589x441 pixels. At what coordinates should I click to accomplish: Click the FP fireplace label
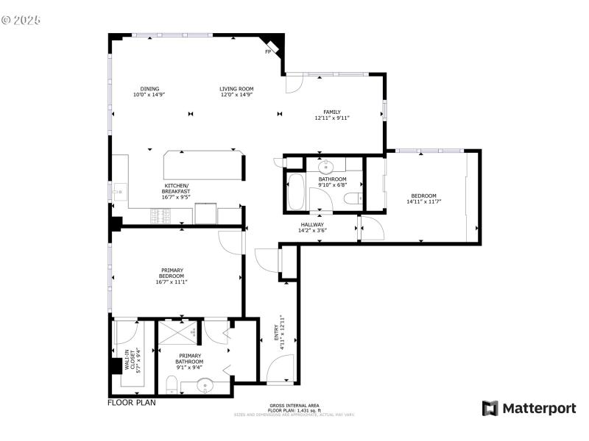pyautogui.click(x=267, y=52)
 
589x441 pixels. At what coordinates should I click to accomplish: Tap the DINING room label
pyautogui.click(x=149, y=92)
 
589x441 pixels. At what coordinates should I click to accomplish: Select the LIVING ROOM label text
pyautogui.click(x=236, y=92)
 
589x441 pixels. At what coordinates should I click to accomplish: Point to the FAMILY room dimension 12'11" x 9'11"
pyautogui.click(x=332, y=118)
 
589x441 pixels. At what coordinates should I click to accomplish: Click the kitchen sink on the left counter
pyautogui.click(x=119, y=193)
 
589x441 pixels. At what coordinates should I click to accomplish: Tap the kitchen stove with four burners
pyautogui.click(x=161, y=216)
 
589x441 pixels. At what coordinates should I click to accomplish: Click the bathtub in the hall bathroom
pyautogui.click(x=296, y=192)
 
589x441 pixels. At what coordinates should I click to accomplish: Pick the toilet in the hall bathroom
pyautogui.click(x=354, y=197)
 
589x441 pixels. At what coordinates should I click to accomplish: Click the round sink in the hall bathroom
pyautogui.click(x=327, y=165)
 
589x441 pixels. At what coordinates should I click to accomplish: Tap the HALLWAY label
pyautogui.click(x=313, y=227)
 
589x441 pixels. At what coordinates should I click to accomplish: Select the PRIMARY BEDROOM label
pyautogui.click(x=172, y=276)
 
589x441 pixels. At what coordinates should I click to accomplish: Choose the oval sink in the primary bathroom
pyautogui.click(x=205, y=384)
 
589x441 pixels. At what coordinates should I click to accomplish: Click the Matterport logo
pyautogui.click(x=529, y=408)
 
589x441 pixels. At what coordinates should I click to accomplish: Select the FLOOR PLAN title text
pyautogui.click(x=132, y=403)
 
